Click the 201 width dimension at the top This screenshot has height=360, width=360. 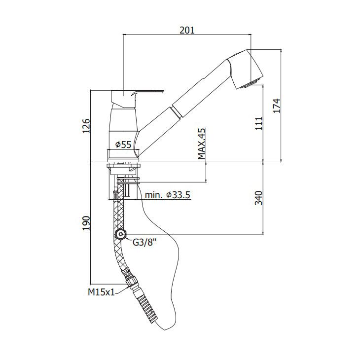click(187, 30)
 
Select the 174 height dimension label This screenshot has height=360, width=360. click(277, 106)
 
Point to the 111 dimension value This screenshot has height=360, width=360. click(258, 123)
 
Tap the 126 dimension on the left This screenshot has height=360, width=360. click(86, 126)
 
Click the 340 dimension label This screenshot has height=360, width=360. click(258, 198)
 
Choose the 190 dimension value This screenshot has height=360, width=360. click(86, 223)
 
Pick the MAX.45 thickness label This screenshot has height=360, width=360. click(202, 144)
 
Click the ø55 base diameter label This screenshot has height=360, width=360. click(123, 144)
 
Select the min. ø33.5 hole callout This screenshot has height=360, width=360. click(168, 195)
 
